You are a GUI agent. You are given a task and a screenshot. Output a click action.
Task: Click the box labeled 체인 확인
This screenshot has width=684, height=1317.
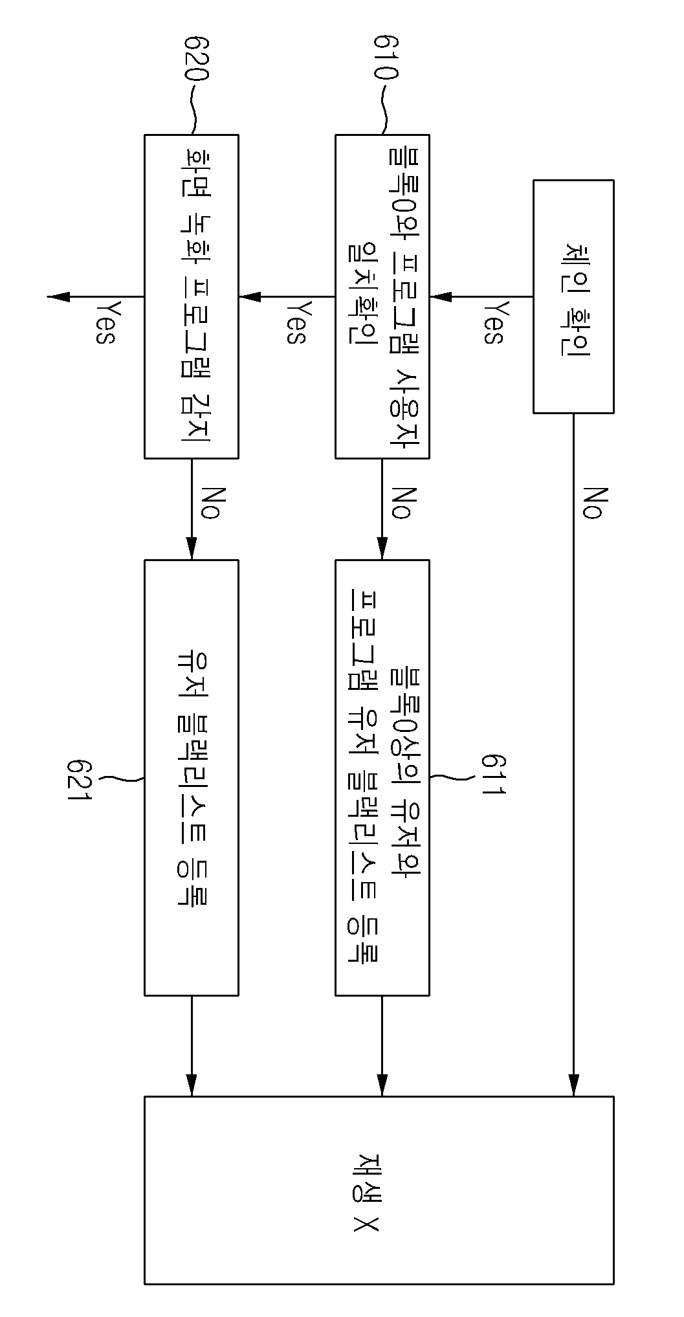point(573,296)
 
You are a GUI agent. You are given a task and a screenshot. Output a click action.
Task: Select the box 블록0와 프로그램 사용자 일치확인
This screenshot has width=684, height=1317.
point(382,296)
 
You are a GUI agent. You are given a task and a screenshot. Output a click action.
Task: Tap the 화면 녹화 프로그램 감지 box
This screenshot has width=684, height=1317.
point(192,296)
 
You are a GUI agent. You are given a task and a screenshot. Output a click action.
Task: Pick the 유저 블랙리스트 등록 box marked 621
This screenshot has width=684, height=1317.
point(192,777)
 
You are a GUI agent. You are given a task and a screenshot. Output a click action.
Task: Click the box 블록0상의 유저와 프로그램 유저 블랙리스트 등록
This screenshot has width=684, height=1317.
point(382,777)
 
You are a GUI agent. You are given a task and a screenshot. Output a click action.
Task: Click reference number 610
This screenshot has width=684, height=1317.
point(386,58)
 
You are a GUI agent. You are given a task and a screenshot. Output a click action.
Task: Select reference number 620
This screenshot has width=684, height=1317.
point(196,58)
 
